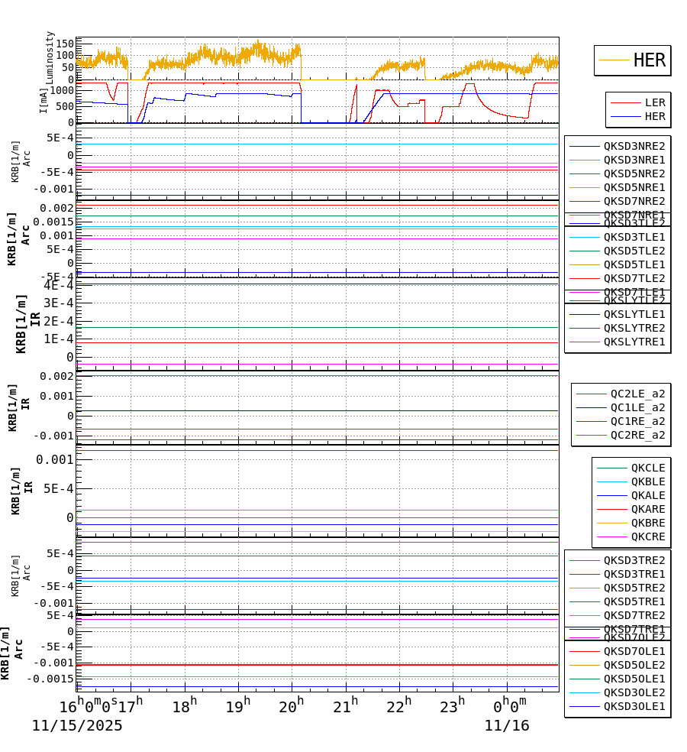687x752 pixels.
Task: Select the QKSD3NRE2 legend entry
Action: click(x=634, y=146)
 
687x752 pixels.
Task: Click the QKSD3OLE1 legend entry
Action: click(x=634, y=706)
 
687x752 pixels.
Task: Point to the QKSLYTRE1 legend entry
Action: click(x=634, y=342)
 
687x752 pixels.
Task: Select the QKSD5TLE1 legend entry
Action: click(x=634, y=264)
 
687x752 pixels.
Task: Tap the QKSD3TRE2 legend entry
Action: click(x=634, y=560)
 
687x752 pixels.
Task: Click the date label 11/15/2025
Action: click(x=77, y=726)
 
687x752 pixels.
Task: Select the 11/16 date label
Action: click(x=507, y=726)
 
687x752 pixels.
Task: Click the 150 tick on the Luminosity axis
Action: click(x=64, y=43)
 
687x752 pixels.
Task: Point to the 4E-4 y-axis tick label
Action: click(x=59, y=285)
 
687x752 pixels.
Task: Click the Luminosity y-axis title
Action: click(x=50, y=57)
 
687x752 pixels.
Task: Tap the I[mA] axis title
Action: click(x=44, y=100)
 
